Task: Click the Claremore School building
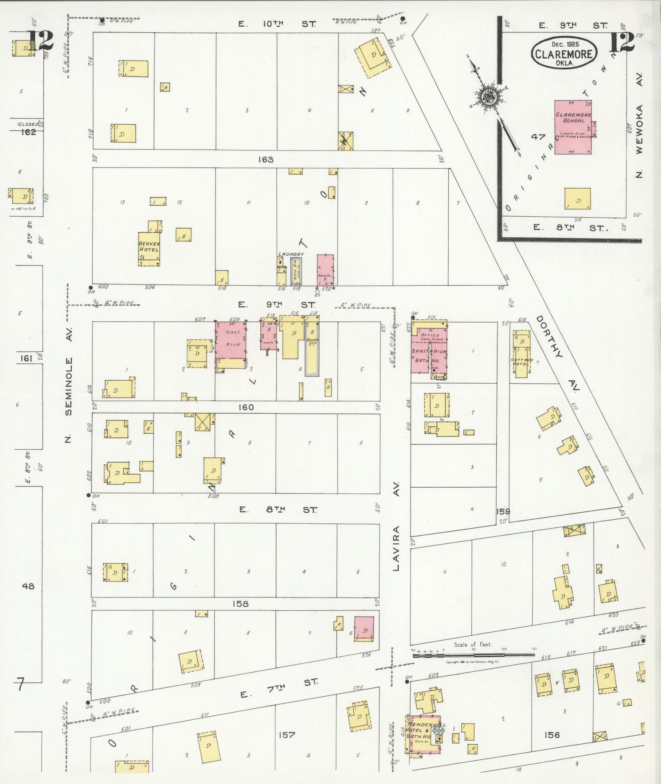click(573, 127)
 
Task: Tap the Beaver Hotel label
click(149, 246)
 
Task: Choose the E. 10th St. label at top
click(277, 24)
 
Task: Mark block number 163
click(266, 159)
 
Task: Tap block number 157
click(286, 735)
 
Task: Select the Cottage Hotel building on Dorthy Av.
click(522, 353)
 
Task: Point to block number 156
click(552, 735)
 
